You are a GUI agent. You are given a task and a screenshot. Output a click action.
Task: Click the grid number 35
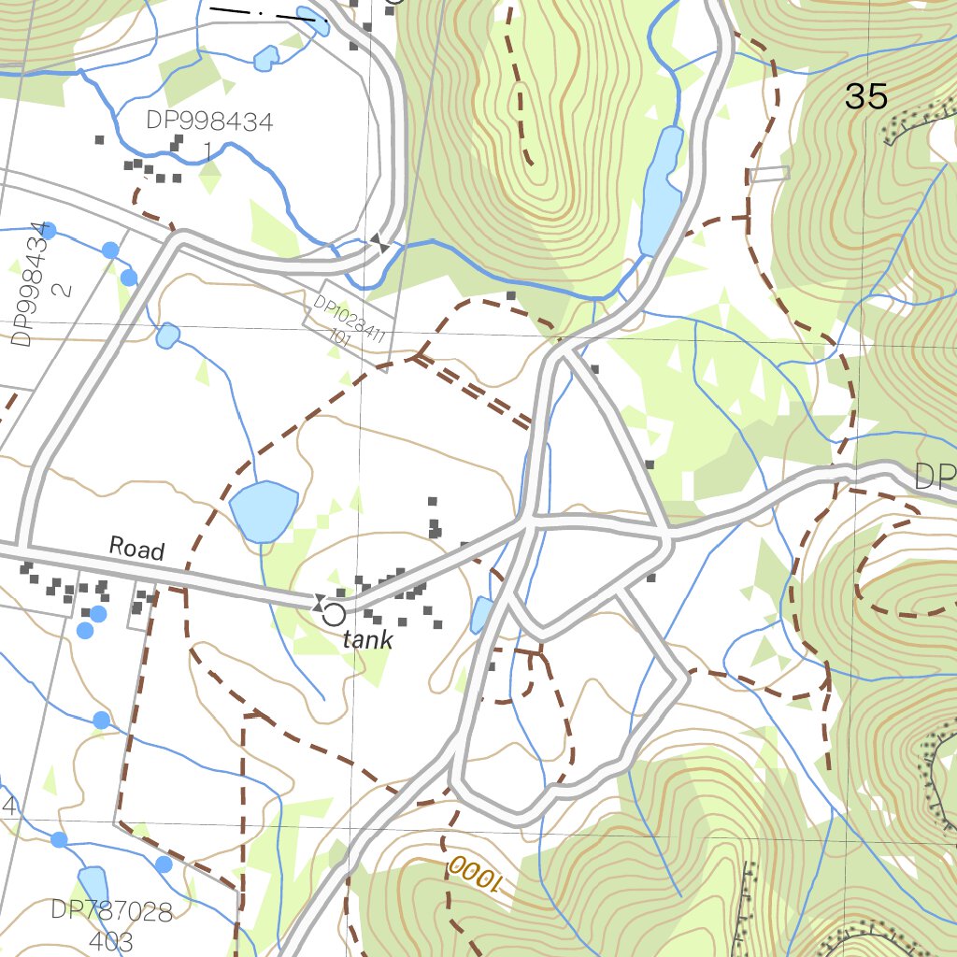tap(865, 96)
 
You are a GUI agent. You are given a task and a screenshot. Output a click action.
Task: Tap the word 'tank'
tap(367, 640)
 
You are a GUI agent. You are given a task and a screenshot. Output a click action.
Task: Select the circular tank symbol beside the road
tap(333, 614)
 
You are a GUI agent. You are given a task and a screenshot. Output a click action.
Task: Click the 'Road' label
tap(136, 548)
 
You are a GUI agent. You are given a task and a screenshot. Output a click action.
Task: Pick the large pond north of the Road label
tap(264, 509)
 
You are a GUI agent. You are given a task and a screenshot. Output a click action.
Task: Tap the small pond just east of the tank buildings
tap(481, 614)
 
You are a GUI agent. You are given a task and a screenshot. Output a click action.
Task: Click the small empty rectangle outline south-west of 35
tap(769, 174)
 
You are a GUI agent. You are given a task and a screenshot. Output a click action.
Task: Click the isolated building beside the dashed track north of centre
tap(511, 296)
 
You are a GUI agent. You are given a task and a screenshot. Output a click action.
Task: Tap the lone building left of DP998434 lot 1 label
tap(99, 140)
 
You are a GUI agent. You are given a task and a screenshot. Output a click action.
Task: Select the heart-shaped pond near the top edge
tap(266, 59)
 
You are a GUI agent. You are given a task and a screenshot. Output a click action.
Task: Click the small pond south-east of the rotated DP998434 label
tap(168, 335)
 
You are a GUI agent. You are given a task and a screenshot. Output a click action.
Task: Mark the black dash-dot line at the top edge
tap(263, 13)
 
